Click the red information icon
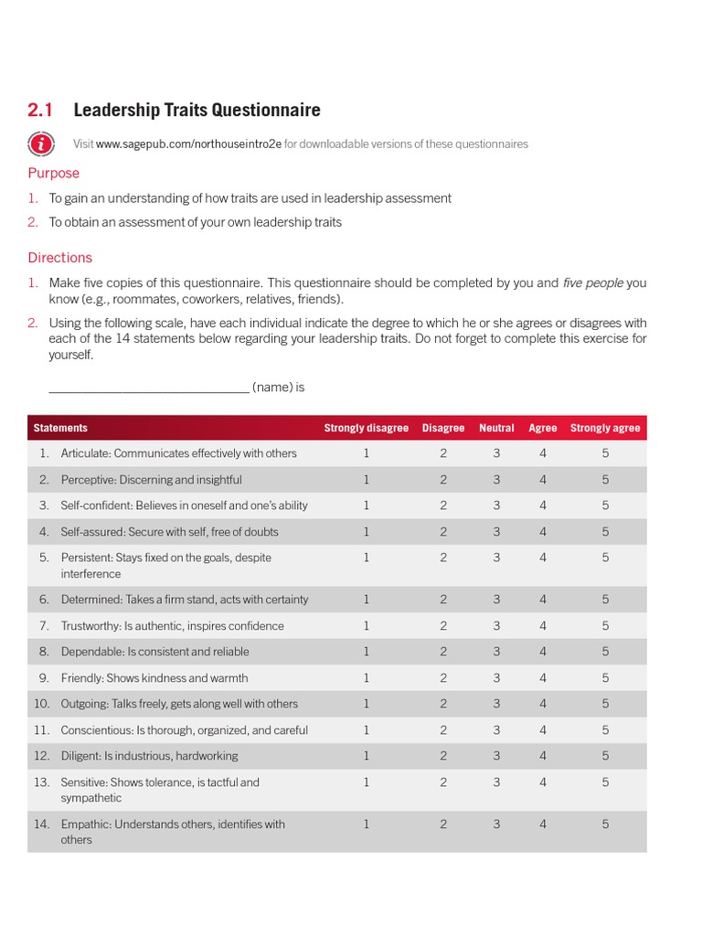tap(40, 144)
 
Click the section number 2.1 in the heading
tap(40, 111)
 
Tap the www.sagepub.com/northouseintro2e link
tap(188, 144)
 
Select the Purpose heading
tap(53, 173)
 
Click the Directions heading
tap(59, 258)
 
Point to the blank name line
tap(148, 388)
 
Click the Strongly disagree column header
tap(367, 428)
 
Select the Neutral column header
tap(496, 428)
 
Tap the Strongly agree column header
tap(605, 428)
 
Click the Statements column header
tap(60, 428)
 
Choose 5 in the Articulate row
tap(605, 453)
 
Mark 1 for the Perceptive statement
tap(367, 480)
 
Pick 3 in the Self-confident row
tap(496, 505)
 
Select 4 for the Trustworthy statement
tap(543, 626)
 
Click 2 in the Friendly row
tap(443, 678)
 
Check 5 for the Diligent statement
tap(605, 756)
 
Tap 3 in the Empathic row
tap(496, 824)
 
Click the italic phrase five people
tap(592, 283)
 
